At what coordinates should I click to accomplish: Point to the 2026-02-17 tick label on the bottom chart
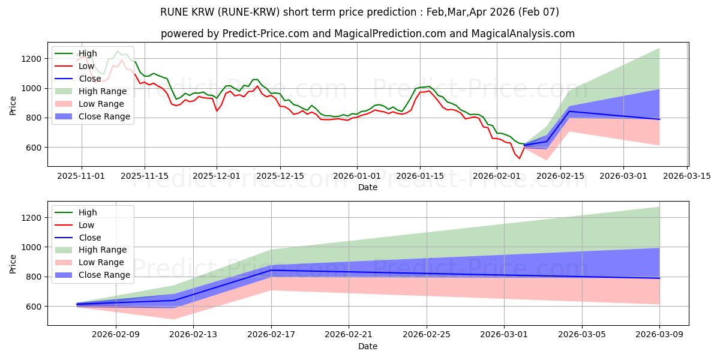(271, 335)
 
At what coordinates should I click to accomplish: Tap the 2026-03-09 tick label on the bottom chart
(659, 335)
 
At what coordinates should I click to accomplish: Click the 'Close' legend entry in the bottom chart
(90, 238)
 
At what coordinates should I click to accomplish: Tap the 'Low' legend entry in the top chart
(87, 66)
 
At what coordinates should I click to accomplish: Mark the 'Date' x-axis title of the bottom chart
(368, 346)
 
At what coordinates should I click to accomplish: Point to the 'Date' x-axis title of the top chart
(368, 187)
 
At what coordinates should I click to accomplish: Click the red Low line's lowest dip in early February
(520, 158)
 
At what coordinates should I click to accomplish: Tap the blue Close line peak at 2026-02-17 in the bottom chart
(271, 270)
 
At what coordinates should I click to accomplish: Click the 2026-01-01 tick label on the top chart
(357, 176)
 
